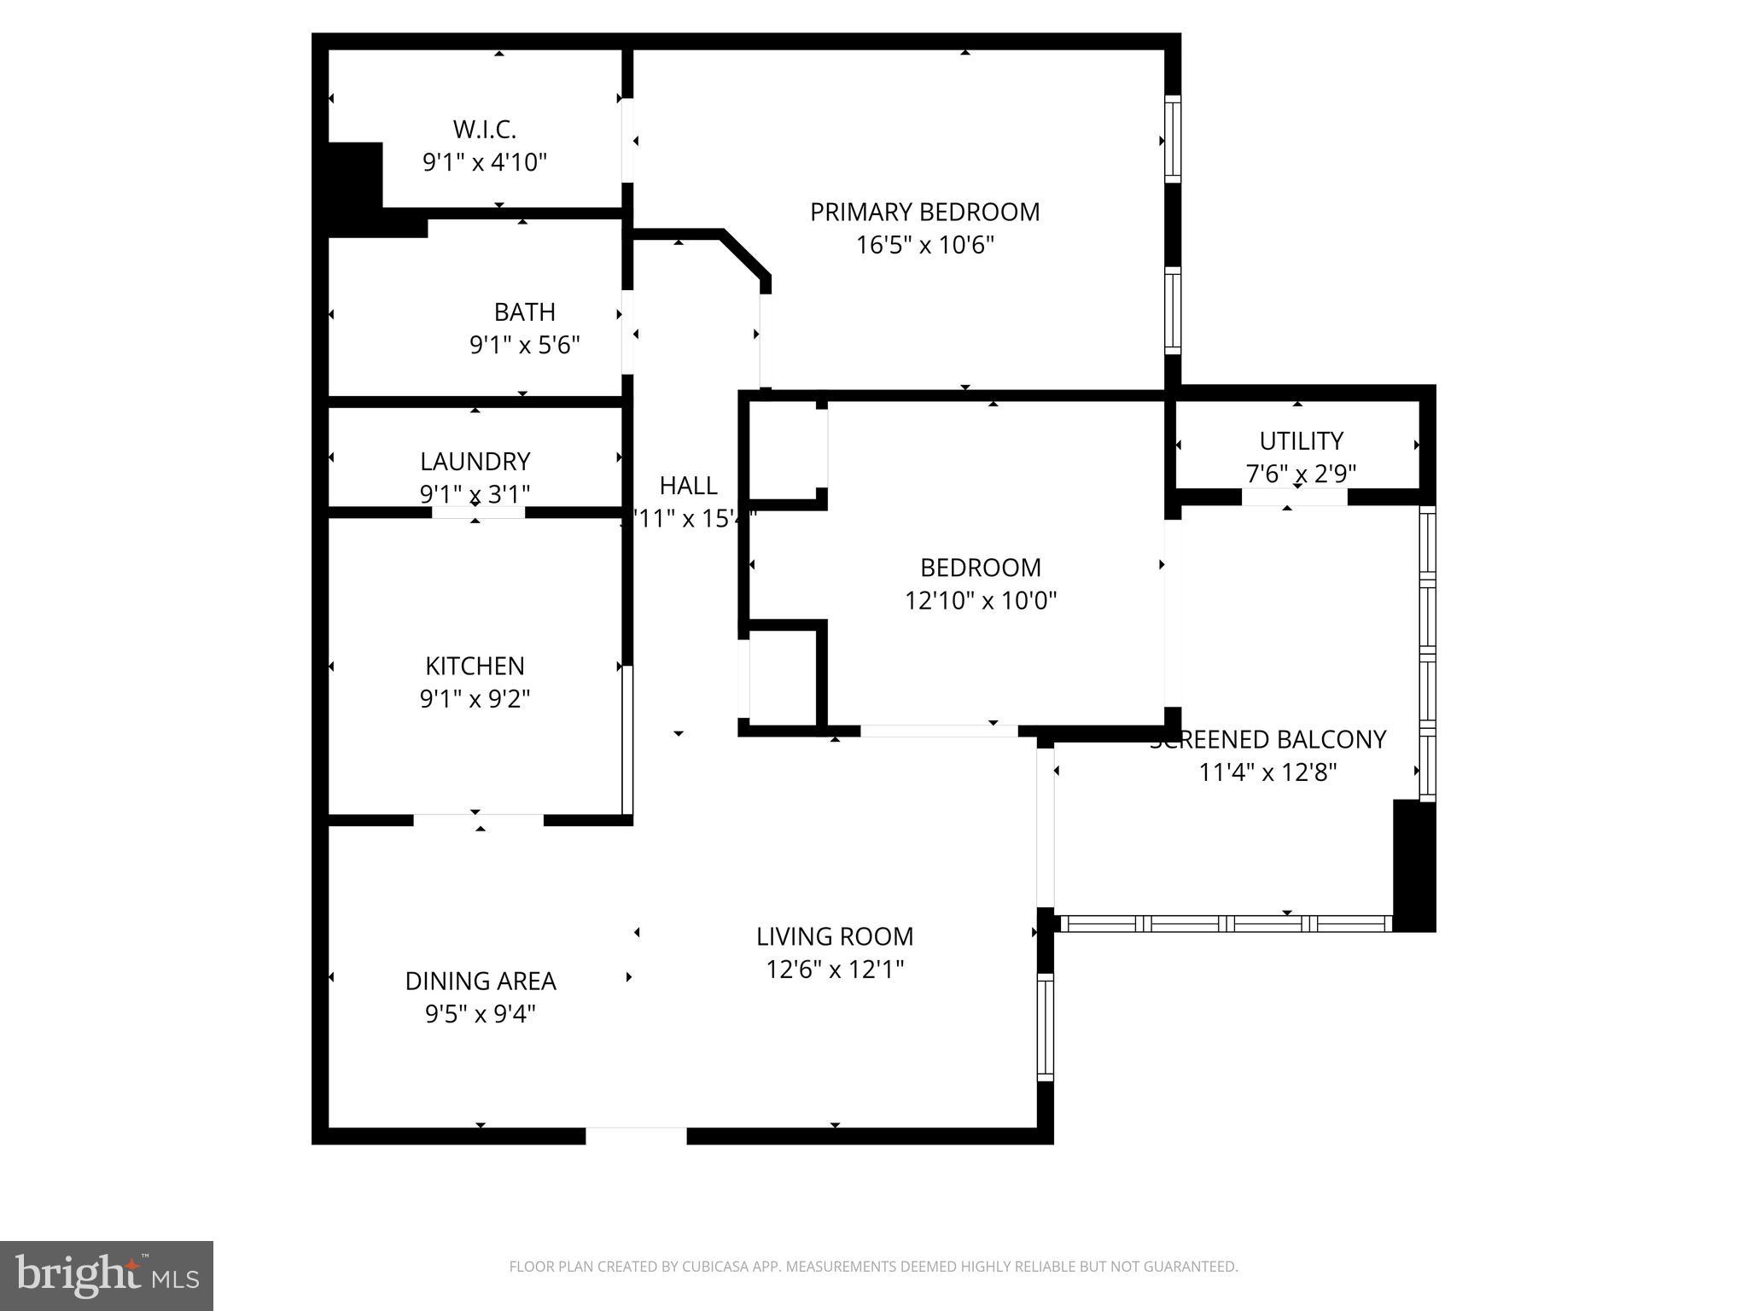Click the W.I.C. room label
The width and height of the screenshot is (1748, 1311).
click(x=484, y=130)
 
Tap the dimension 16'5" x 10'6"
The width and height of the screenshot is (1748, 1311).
click(x=925, y=246)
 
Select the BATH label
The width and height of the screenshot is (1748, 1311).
click(x=524, y=312)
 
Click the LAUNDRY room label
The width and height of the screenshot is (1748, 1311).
click(x=475, y=462)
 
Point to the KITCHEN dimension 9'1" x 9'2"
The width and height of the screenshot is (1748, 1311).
click(x=475, y=699)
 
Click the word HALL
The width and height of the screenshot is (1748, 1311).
click(x=688, y=486)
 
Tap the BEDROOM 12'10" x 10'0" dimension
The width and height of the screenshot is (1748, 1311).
click(x=981, y=601)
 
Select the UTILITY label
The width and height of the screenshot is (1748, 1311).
click(x=1301, y=441)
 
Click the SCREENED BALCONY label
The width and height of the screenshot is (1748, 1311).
click(x=1268, y=740)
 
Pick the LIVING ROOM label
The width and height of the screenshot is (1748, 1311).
click(x=834, y=937)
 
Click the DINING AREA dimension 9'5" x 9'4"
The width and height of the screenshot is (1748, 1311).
click(x=480, y=1014)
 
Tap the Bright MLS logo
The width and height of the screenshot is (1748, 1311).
click(x=107, y=1276)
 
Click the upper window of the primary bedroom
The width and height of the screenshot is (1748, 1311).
click(x=1173, y=138)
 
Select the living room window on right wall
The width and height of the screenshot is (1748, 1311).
click(x=1045, y=1027)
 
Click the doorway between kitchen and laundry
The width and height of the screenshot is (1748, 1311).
click(x=478, y=512)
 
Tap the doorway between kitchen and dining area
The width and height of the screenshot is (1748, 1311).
click(x=478, y=820)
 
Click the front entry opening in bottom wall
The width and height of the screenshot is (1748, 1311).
click(x=636, y=1135)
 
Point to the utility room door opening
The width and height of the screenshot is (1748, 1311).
click(x=1294, y=497)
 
